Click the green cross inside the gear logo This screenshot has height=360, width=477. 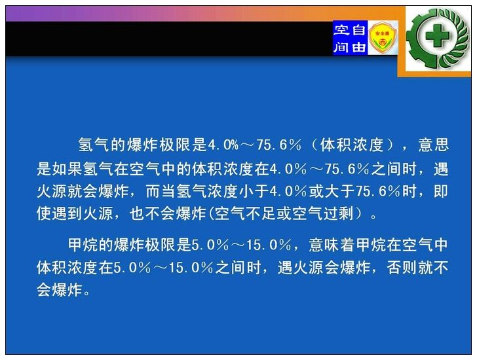437,36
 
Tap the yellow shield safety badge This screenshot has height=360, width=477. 383,38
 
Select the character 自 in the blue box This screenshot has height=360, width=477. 358,30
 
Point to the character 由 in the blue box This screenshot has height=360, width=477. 358,46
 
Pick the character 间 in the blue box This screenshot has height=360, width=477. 341,46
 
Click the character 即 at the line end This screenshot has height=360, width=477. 441,191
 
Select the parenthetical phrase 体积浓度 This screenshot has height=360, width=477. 352,145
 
